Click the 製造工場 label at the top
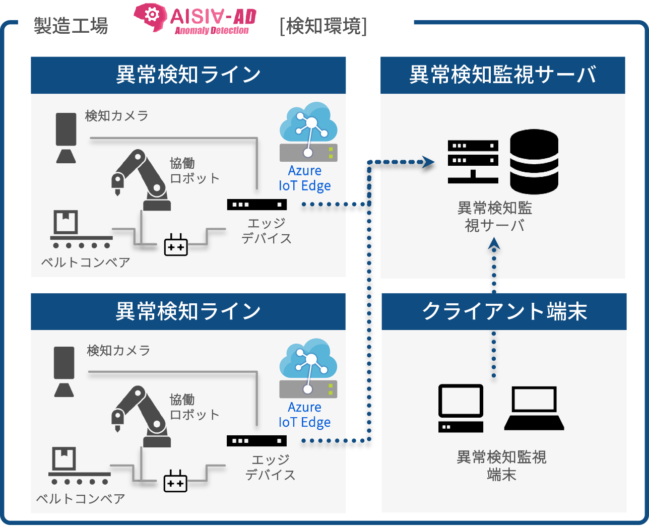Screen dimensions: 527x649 coord(71,26)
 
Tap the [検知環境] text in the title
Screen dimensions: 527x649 coord(323,26)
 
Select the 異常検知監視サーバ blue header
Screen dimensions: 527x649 coord(502,75)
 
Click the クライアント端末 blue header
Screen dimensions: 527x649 coord(504,311)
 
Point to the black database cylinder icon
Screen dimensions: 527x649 coord(534,162)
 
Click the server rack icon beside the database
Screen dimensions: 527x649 coord(473,161)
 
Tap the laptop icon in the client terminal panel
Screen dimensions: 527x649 coord(534,408)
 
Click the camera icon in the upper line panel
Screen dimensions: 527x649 coord(66,138)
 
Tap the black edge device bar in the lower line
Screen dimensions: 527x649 coord(256,441)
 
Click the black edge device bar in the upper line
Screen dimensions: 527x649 coord(256,205)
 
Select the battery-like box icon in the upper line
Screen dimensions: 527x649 coord(176,245)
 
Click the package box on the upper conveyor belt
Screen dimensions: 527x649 coord(66,222)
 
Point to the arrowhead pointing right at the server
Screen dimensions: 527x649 coord(428,162)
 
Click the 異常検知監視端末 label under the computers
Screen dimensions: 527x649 coord(501,466)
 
